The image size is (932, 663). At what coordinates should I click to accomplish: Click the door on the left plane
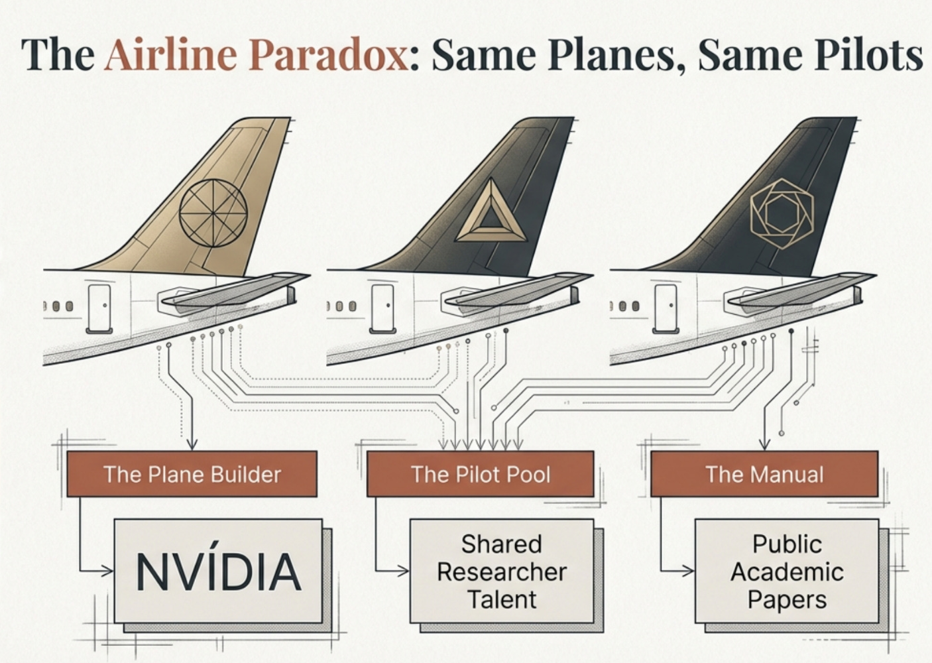click(x=99, y=308)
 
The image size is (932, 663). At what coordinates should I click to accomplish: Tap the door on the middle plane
click(x=382, y=308)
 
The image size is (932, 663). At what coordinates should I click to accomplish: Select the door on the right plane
click(x=665, y=308)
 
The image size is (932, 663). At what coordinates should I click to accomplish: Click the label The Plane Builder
click(x=192, y=474)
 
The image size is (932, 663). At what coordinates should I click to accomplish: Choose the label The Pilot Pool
click(x=480, y=474)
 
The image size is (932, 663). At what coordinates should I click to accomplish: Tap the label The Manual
click(x=764, y=474)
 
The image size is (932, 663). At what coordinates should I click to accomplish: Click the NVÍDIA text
click(x=218, y=572)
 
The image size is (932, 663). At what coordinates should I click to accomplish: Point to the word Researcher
click(x=501, y=572)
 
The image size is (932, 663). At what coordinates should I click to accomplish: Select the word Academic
click(x=787, y=572)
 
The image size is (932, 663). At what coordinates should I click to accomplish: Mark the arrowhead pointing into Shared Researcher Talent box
click(x=404, y=570)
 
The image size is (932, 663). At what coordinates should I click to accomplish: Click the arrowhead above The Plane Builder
click(x=192, y=445)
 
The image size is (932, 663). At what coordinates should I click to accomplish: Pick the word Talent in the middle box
click(x=501, y=599)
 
